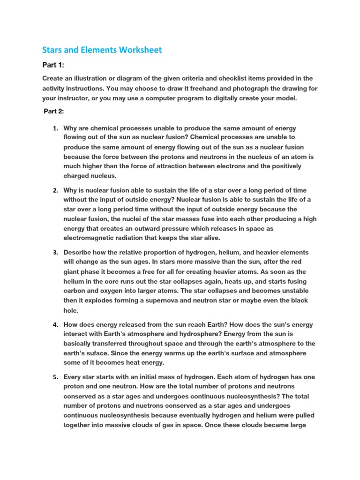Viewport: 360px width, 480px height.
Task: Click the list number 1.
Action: [55, 128]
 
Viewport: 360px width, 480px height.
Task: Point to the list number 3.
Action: [55, 253]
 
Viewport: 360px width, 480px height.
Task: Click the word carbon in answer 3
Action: [75, 291]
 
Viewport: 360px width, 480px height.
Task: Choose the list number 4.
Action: [55, 325]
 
